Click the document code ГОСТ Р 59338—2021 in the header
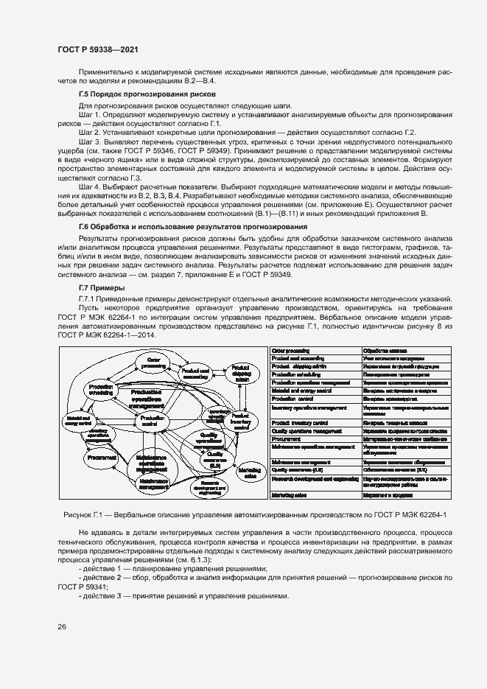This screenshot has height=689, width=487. click(x=97, y=49)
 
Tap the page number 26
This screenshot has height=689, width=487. click(x=62, y=626)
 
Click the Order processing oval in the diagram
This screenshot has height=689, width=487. click(x=154, y=362)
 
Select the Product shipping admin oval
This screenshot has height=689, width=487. click(x=240, y=371)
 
